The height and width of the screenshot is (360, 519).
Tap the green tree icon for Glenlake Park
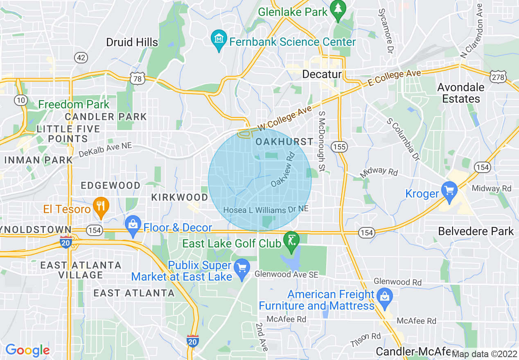pos(338,9)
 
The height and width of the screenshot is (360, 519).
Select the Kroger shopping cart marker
pos(449,191)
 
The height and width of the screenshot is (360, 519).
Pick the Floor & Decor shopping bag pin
pos(133,225)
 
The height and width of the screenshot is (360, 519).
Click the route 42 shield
pos(81,58)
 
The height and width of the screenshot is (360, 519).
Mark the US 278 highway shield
pos(498,76)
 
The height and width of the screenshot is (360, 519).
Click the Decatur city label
pos(322,74)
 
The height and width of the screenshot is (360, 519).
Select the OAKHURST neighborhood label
pos(284,142)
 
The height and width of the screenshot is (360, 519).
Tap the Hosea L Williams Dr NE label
pos(266,209)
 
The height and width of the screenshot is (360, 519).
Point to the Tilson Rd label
pos(366,339)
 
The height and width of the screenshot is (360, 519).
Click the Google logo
pos(27,350)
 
